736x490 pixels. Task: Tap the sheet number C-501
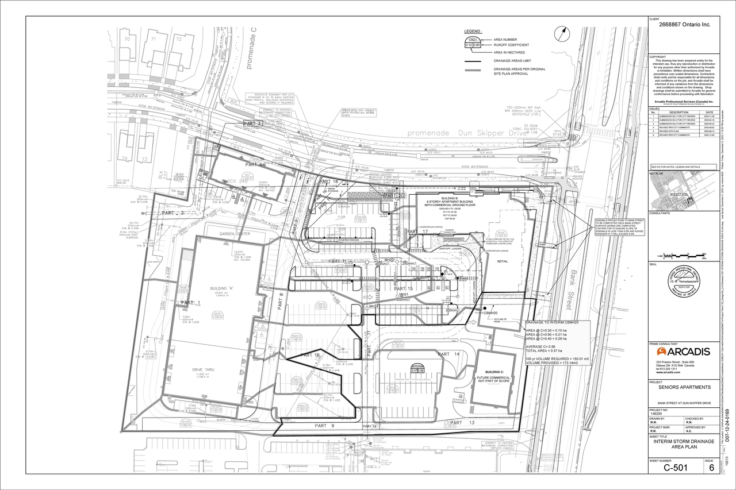[x=676, y=468]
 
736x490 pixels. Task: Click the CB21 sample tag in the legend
[x=473, y=42]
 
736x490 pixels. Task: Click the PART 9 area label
[x=324, y=426]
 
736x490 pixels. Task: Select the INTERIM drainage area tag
[x=417, y=368]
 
